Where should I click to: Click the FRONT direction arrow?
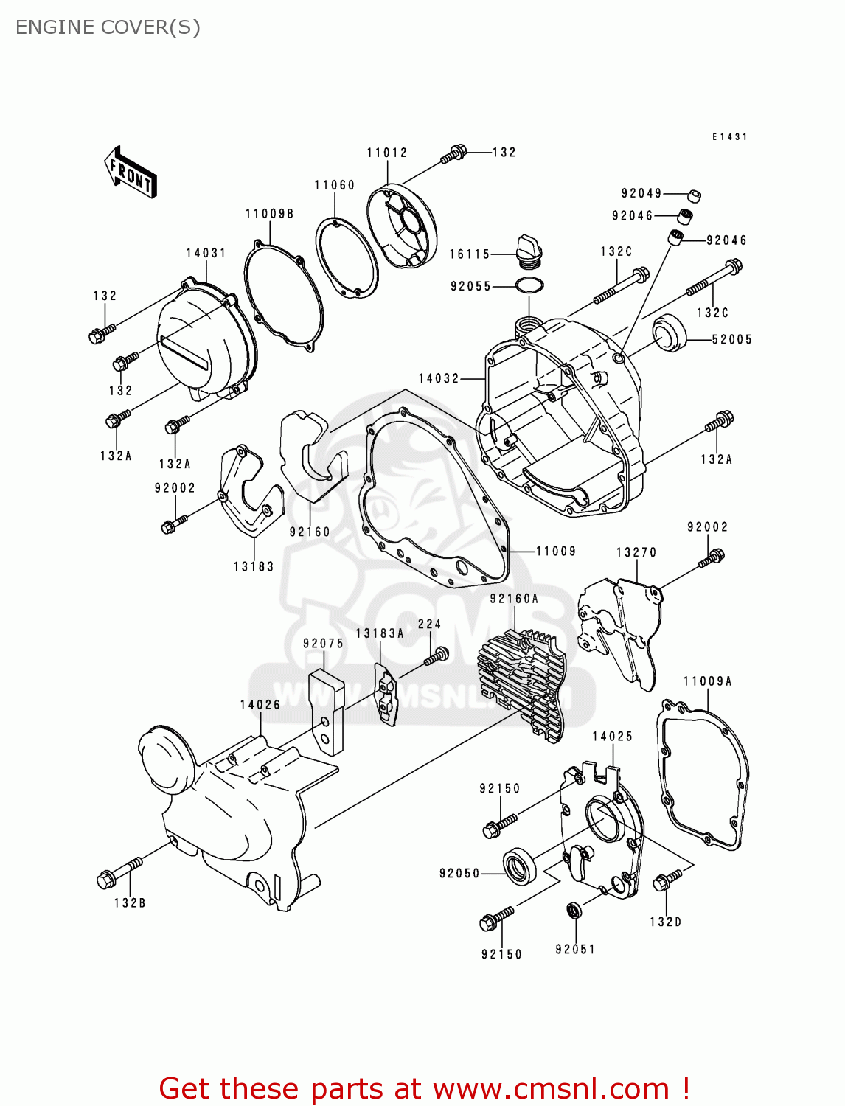(131, 173)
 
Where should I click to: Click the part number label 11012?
(387, 153)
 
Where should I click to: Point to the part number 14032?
(439, 378)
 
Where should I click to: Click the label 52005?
(731, 339)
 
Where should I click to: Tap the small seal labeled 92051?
(574, 910)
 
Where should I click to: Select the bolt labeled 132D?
(669, 879)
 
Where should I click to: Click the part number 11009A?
(707, 681)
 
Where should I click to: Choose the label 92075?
(323, 643)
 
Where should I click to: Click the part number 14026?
(260, 705)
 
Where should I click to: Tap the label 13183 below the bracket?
(254, 566)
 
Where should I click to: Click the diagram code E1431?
(729, 137)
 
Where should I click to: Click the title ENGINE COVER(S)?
(108, 27)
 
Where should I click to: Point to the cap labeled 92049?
(694, 195)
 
